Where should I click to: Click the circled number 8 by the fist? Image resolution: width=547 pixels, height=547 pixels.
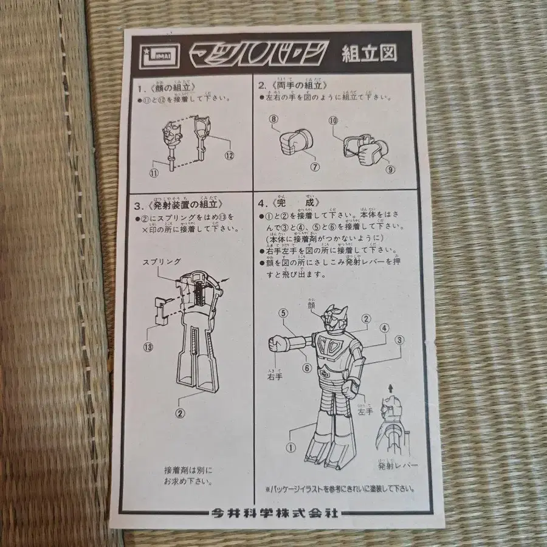273,120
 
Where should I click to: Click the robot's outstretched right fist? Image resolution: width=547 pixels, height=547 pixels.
278,345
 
